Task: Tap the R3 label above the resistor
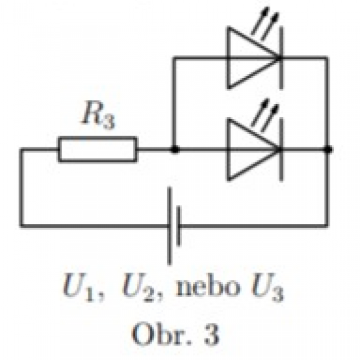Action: (98, 115)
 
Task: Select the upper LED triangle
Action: (253, 58)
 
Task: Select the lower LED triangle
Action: (253, 149)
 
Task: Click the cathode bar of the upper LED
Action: (281, 58)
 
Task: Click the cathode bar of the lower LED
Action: (281, 150)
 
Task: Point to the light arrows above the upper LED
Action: (265, 23)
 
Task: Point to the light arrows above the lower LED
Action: (265, 115)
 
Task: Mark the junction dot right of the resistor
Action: (175, 150)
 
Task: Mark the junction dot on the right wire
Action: (328, 150)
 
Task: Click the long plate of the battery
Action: (170, 226)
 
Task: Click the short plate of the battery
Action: (179, 226)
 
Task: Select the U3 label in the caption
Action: (268, 287)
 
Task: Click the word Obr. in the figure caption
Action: (162, 334)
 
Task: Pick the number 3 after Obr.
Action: (211, 334)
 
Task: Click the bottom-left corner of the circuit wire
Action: (22, 226)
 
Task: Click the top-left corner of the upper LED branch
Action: (175, 58)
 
